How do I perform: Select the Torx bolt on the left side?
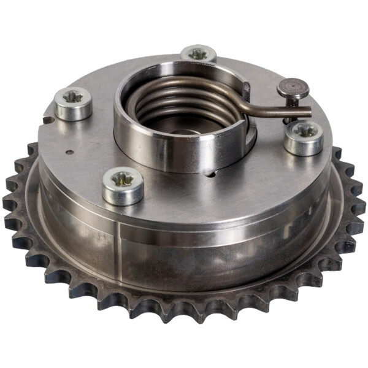(x=73, y=102)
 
